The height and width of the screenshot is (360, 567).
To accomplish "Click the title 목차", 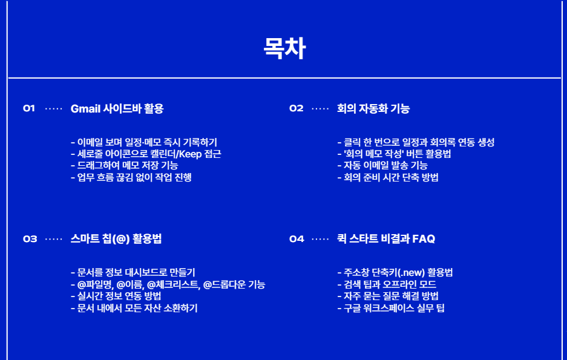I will [284, 48].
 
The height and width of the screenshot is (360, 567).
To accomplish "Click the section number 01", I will [29, 109].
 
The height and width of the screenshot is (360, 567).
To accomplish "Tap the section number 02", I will [296, 109].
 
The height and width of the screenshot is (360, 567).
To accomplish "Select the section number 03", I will [30, 239].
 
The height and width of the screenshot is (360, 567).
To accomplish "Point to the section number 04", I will [297, 239].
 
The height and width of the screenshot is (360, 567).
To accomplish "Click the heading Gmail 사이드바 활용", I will [117, 109].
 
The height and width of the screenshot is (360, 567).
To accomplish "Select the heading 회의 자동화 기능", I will [373, 109].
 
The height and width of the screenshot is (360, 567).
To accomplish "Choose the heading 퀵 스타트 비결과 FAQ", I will [385, 239].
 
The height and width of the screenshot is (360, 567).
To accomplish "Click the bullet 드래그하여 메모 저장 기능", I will [124, 165].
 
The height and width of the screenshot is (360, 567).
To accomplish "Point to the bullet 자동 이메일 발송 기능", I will [382, 165].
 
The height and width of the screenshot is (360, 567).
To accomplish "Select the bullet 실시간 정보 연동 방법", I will [116, 296].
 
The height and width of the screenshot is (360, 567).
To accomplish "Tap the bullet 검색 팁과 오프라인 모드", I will [387, 284].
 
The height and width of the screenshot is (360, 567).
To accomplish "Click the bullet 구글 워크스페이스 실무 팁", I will [390, 308].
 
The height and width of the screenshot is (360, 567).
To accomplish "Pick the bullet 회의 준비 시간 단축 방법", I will [387, 177].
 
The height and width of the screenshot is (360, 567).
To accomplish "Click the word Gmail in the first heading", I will [85, 109].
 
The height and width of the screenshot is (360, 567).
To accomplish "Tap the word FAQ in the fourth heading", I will [424, 239].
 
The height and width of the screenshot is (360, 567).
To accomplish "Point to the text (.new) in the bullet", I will [411, 272].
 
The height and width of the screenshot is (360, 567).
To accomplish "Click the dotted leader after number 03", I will [53, 239].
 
